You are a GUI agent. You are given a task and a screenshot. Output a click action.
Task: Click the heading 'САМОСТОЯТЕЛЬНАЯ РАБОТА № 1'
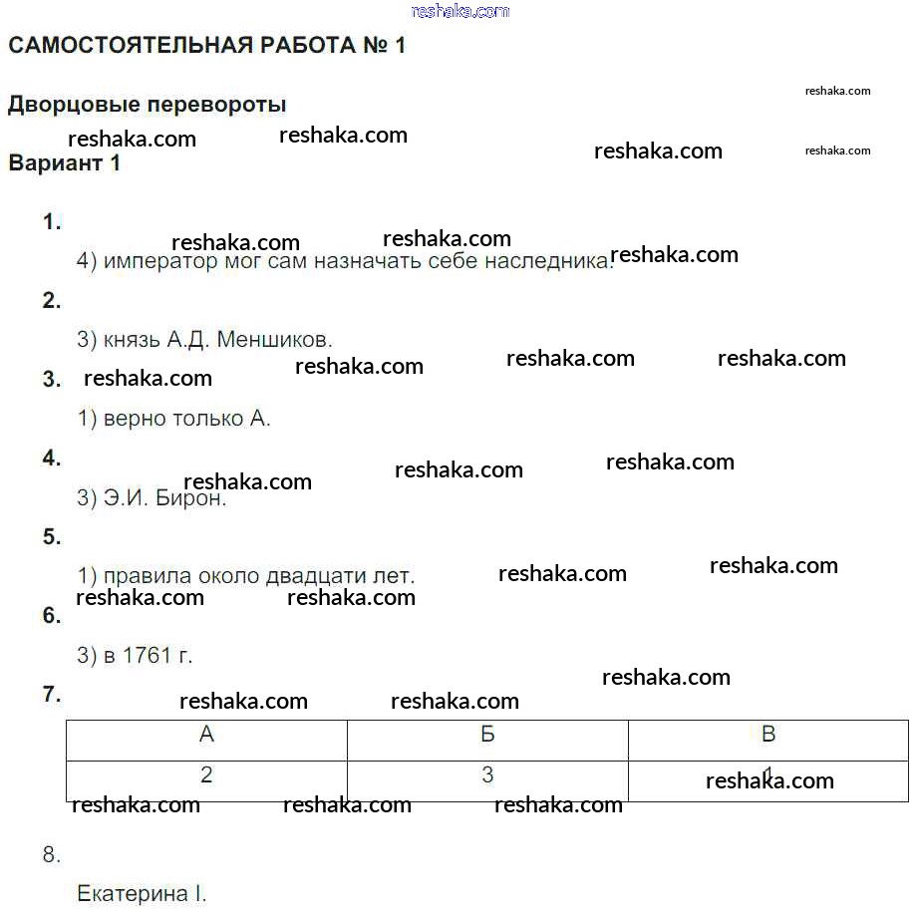pos(206,46)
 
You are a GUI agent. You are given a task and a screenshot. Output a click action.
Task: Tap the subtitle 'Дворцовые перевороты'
pos(147,105)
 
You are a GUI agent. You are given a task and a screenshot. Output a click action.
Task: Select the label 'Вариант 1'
pos(64,163)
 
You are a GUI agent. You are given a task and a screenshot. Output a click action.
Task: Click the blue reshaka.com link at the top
pos(459,11)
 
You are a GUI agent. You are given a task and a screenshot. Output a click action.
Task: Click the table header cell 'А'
pos(206,736)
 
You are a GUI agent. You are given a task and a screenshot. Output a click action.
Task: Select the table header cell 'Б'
pos(487,736)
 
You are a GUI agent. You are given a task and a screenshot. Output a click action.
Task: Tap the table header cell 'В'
pos(767,736)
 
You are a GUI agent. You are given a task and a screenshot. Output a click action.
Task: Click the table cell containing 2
pos(206,775)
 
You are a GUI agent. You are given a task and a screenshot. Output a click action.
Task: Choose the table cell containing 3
pos(487,775)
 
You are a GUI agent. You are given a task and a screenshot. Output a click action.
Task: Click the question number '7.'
pos(52,695)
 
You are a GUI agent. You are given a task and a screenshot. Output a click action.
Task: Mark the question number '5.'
pos(52,537)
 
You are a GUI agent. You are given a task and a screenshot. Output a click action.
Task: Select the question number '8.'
pos(52,854)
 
